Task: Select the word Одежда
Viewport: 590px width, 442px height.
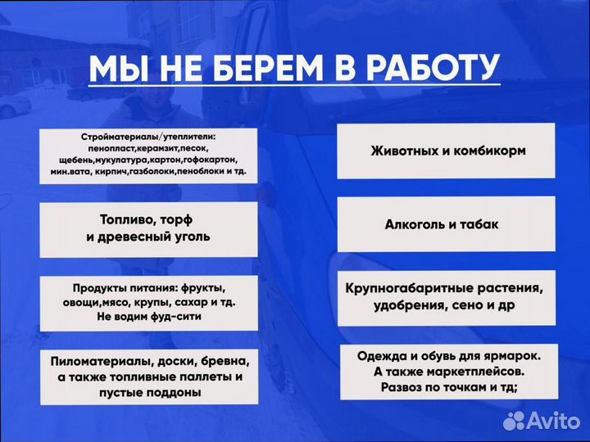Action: coord(383,357)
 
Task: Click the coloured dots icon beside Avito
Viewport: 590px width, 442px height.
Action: coord(514,421)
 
